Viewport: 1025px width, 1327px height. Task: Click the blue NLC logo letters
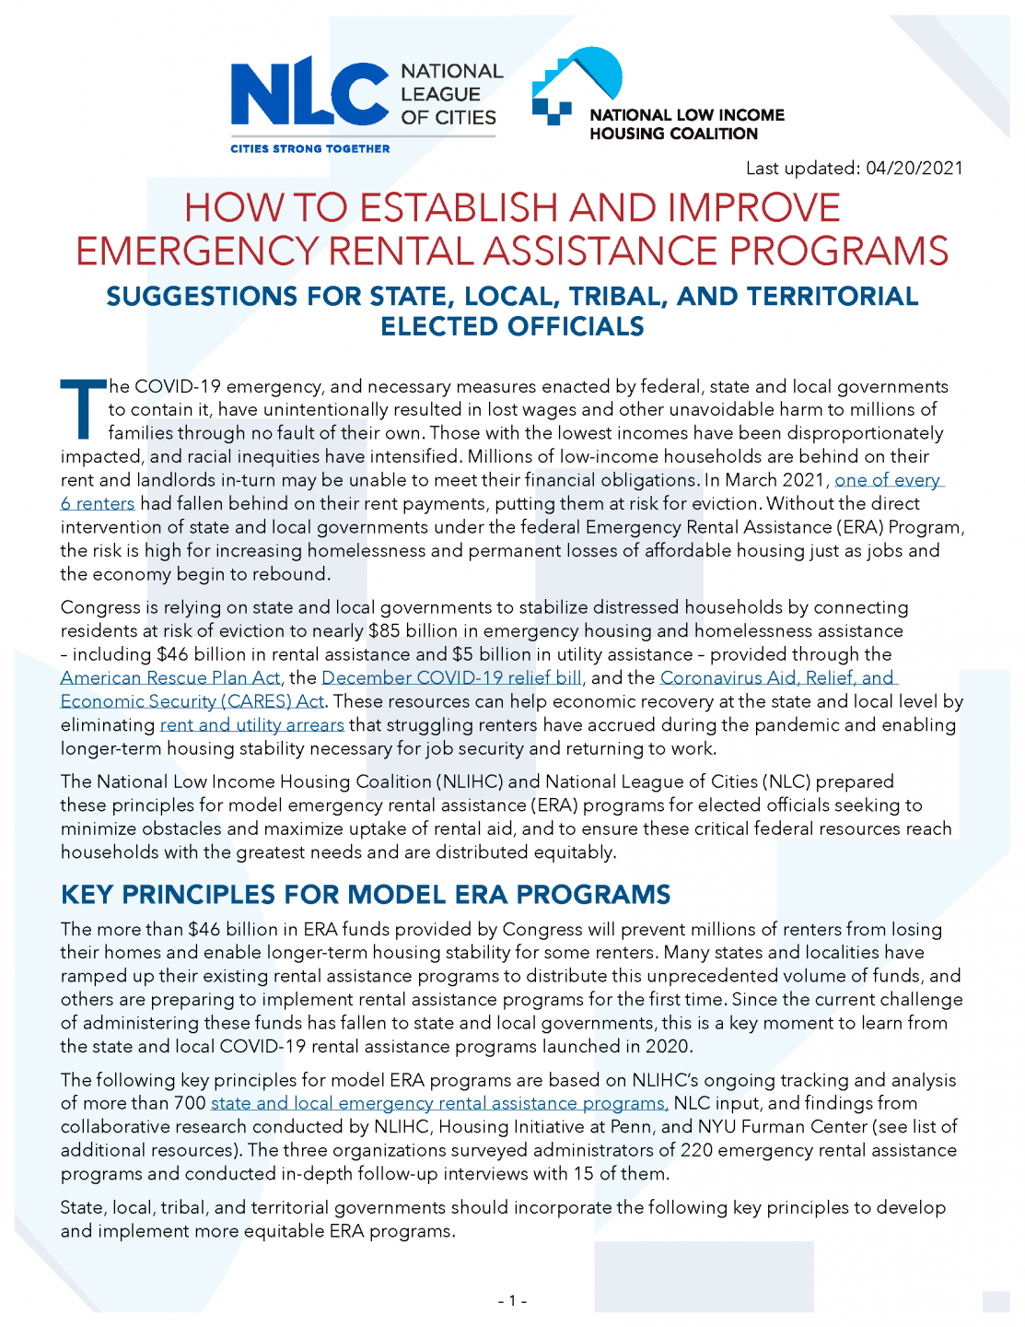[x=309, y=93]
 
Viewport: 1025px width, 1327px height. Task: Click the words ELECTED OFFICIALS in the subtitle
[x=512, y=327]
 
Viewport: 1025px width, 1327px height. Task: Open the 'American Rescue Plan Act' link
[x=170, y=678]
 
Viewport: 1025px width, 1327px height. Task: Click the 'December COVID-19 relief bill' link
[x=451, y=678]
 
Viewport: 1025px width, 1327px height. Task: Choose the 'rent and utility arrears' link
[x=251, y=725]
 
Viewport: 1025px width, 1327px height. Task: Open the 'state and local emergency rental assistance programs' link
[x=439, y=1103]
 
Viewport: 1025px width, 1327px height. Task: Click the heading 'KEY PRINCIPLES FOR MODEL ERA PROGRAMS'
[x=366, y=895]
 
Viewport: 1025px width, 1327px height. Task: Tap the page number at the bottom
[x=512, y=1301]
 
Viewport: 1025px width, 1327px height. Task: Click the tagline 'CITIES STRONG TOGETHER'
[x=309, y=148]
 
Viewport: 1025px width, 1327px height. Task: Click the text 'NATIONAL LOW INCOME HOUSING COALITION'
[x=686, y=124]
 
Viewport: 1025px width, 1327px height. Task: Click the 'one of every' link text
[x=888, y=480]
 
